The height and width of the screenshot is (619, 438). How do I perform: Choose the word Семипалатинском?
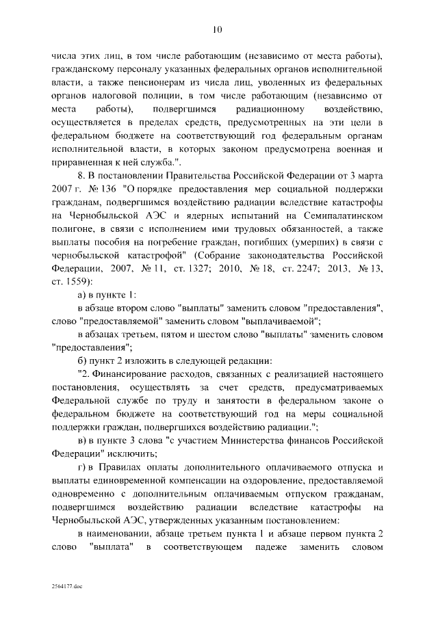tap(336, 216)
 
